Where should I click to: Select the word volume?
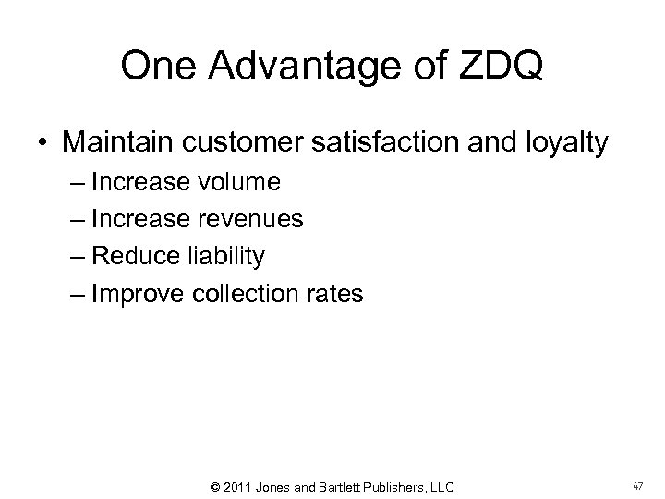pyautogui.click(x=238, y=183)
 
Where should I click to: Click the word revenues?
pyautogui.click(x=253, y=220)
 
